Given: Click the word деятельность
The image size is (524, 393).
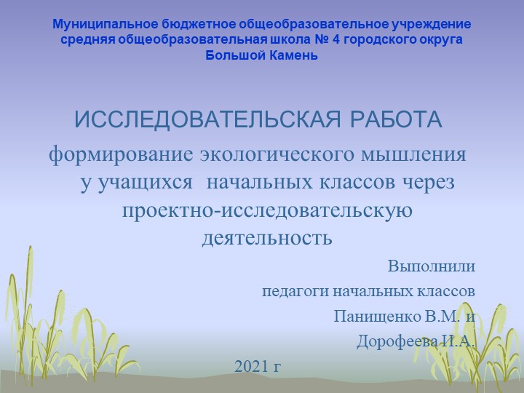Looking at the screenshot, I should click(267, 237).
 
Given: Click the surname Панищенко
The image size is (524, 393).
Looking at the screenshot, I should click(378, 317).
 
